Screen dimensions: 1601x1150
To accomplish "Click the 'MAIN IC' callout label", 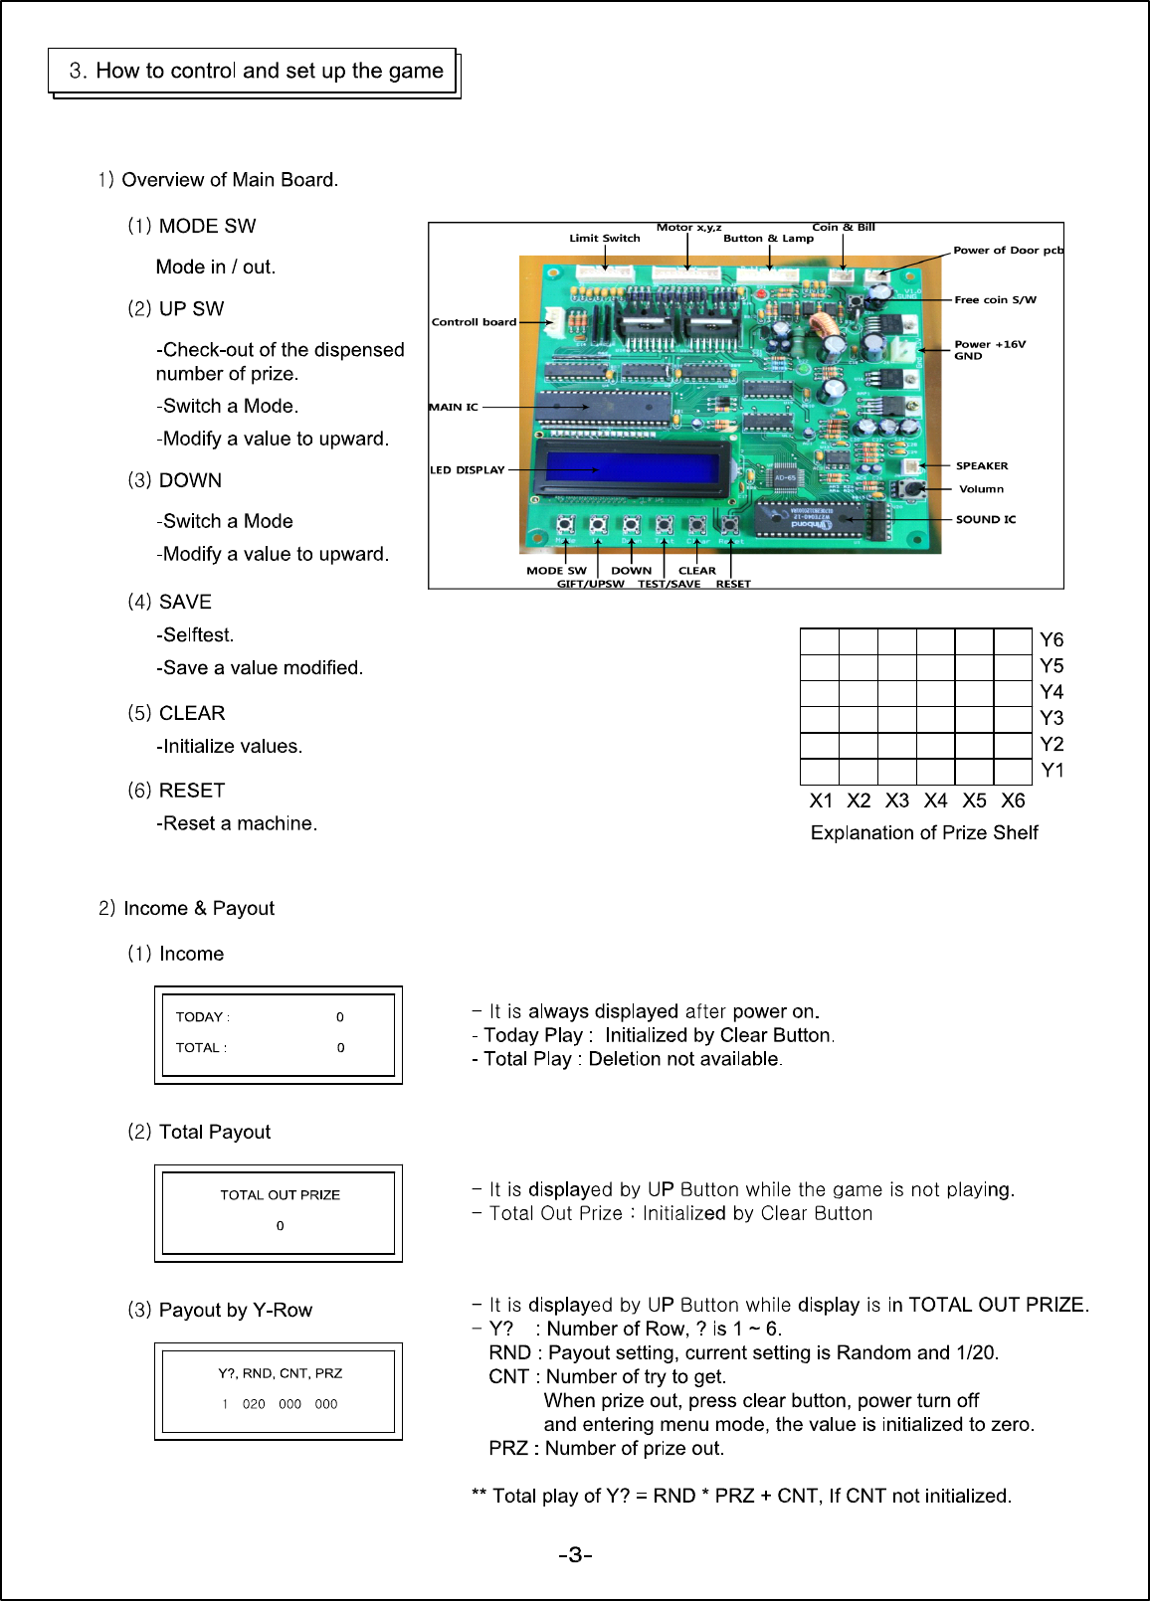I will tap(454, 407).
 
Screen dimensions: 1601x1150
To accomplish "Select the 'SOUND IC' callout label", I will tap(985, 519).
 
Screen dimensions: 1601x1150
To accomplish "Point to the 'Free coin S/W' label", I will tap(995, 299).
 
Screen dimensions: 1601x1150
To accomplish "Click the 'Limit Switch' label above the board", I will tap(605, 238).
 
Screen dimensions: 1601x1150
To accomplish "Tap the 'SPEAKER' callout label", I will tap(982, 465).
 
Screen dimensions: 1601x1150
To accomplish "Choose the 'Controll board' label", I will tap(474, 322).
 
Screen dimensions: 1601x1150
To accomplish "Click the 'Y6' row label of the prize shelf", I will tap(1052, 639).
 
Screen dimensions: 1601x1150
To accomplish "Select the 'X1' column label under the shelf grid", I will tap(821, 800).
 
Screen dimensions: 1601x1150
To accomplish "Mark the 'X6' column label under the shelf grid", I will tap(1013, 800).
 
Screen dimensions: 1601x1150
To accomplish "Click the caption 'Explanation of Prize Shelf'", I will tap(924, 832).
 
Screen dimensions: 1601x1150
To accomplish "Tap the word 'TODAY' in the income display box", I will tap(199, 1016).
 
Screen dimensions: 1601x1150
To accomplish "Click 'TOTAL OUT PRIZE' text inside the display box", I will tap(280, 1194).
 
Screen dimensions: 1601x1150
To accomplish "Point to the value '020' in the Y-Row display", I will tap(254, 1404).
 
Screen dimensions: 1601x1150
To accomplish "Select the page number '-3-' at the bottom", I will tap(575, 1554).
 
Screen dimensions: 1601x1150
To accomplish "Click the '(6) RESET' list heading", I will tap(177, 791).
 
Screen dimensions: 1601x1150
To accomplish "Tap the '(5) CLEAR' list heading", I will tap(177, 713).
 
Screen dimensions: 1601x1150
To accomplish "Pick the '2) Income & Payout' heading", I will tap(187, 908).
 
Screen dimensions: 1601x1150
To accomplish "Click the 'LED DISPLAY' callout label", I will tap(467, 470).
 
